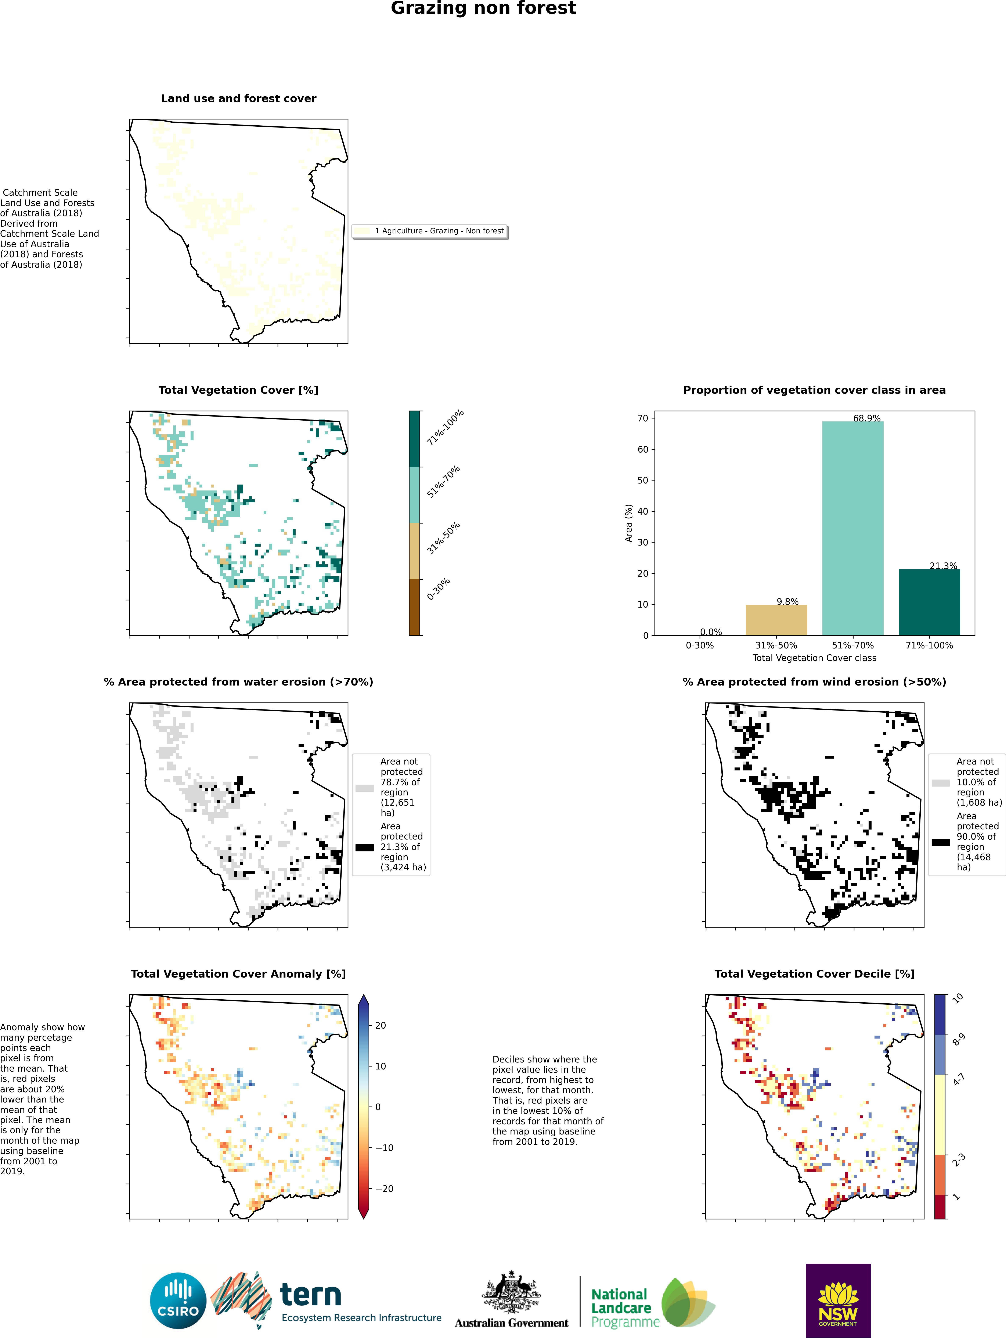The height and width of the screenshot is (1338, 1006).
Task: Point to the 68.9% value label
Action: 866,418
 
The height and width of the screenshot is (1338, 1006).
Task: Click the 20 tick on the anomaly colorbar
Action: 381,1025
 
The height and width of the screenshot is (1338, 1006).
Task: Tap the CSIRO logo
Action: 179,1301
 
